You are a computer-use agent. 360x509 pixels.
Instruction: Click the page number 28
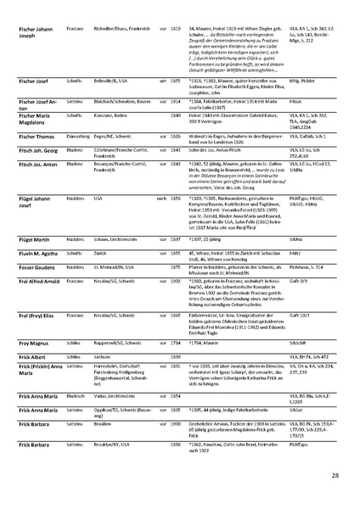(336, 477)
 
